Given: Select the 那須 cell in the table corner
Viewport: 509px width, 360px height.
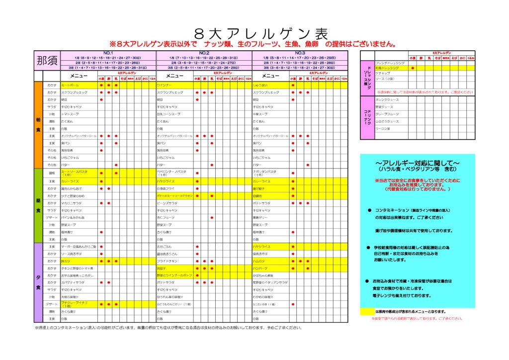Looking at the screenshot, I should coord(46,61).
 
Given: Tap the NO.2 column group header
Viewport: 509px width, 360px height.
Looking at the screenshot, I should coord(204,53).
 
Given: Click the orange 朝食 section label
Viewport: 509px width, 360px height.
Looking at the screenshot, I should coord(38,124).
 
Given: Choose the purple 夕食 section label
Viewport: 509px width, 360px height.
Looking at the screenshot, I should coord(38,282).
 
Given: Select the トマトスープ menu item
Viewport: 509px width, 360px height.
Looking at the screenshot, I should coord(69,114).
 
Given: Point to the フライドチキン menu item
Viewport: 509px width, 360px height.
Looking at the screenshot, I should coord(167,261).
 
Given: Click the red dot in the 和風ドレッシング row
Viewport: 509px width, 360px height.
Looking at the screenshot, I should coord(413,68).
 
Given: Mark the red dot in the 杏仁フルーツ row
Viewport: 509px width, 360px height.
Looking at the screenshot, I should coord(212,217).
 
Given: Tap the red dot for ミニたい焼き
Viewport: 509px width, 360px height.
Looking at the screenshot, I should coord(293,304).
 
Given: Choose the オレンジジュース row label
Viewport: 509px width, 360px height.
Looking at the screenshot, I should coord(387,99).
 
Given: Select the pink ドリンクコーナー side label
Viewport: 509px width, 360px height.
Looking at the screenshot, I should coord(367,114).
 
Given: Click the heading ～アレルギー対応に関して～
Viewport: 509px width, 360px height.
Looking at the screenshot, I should coord(417,163).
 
